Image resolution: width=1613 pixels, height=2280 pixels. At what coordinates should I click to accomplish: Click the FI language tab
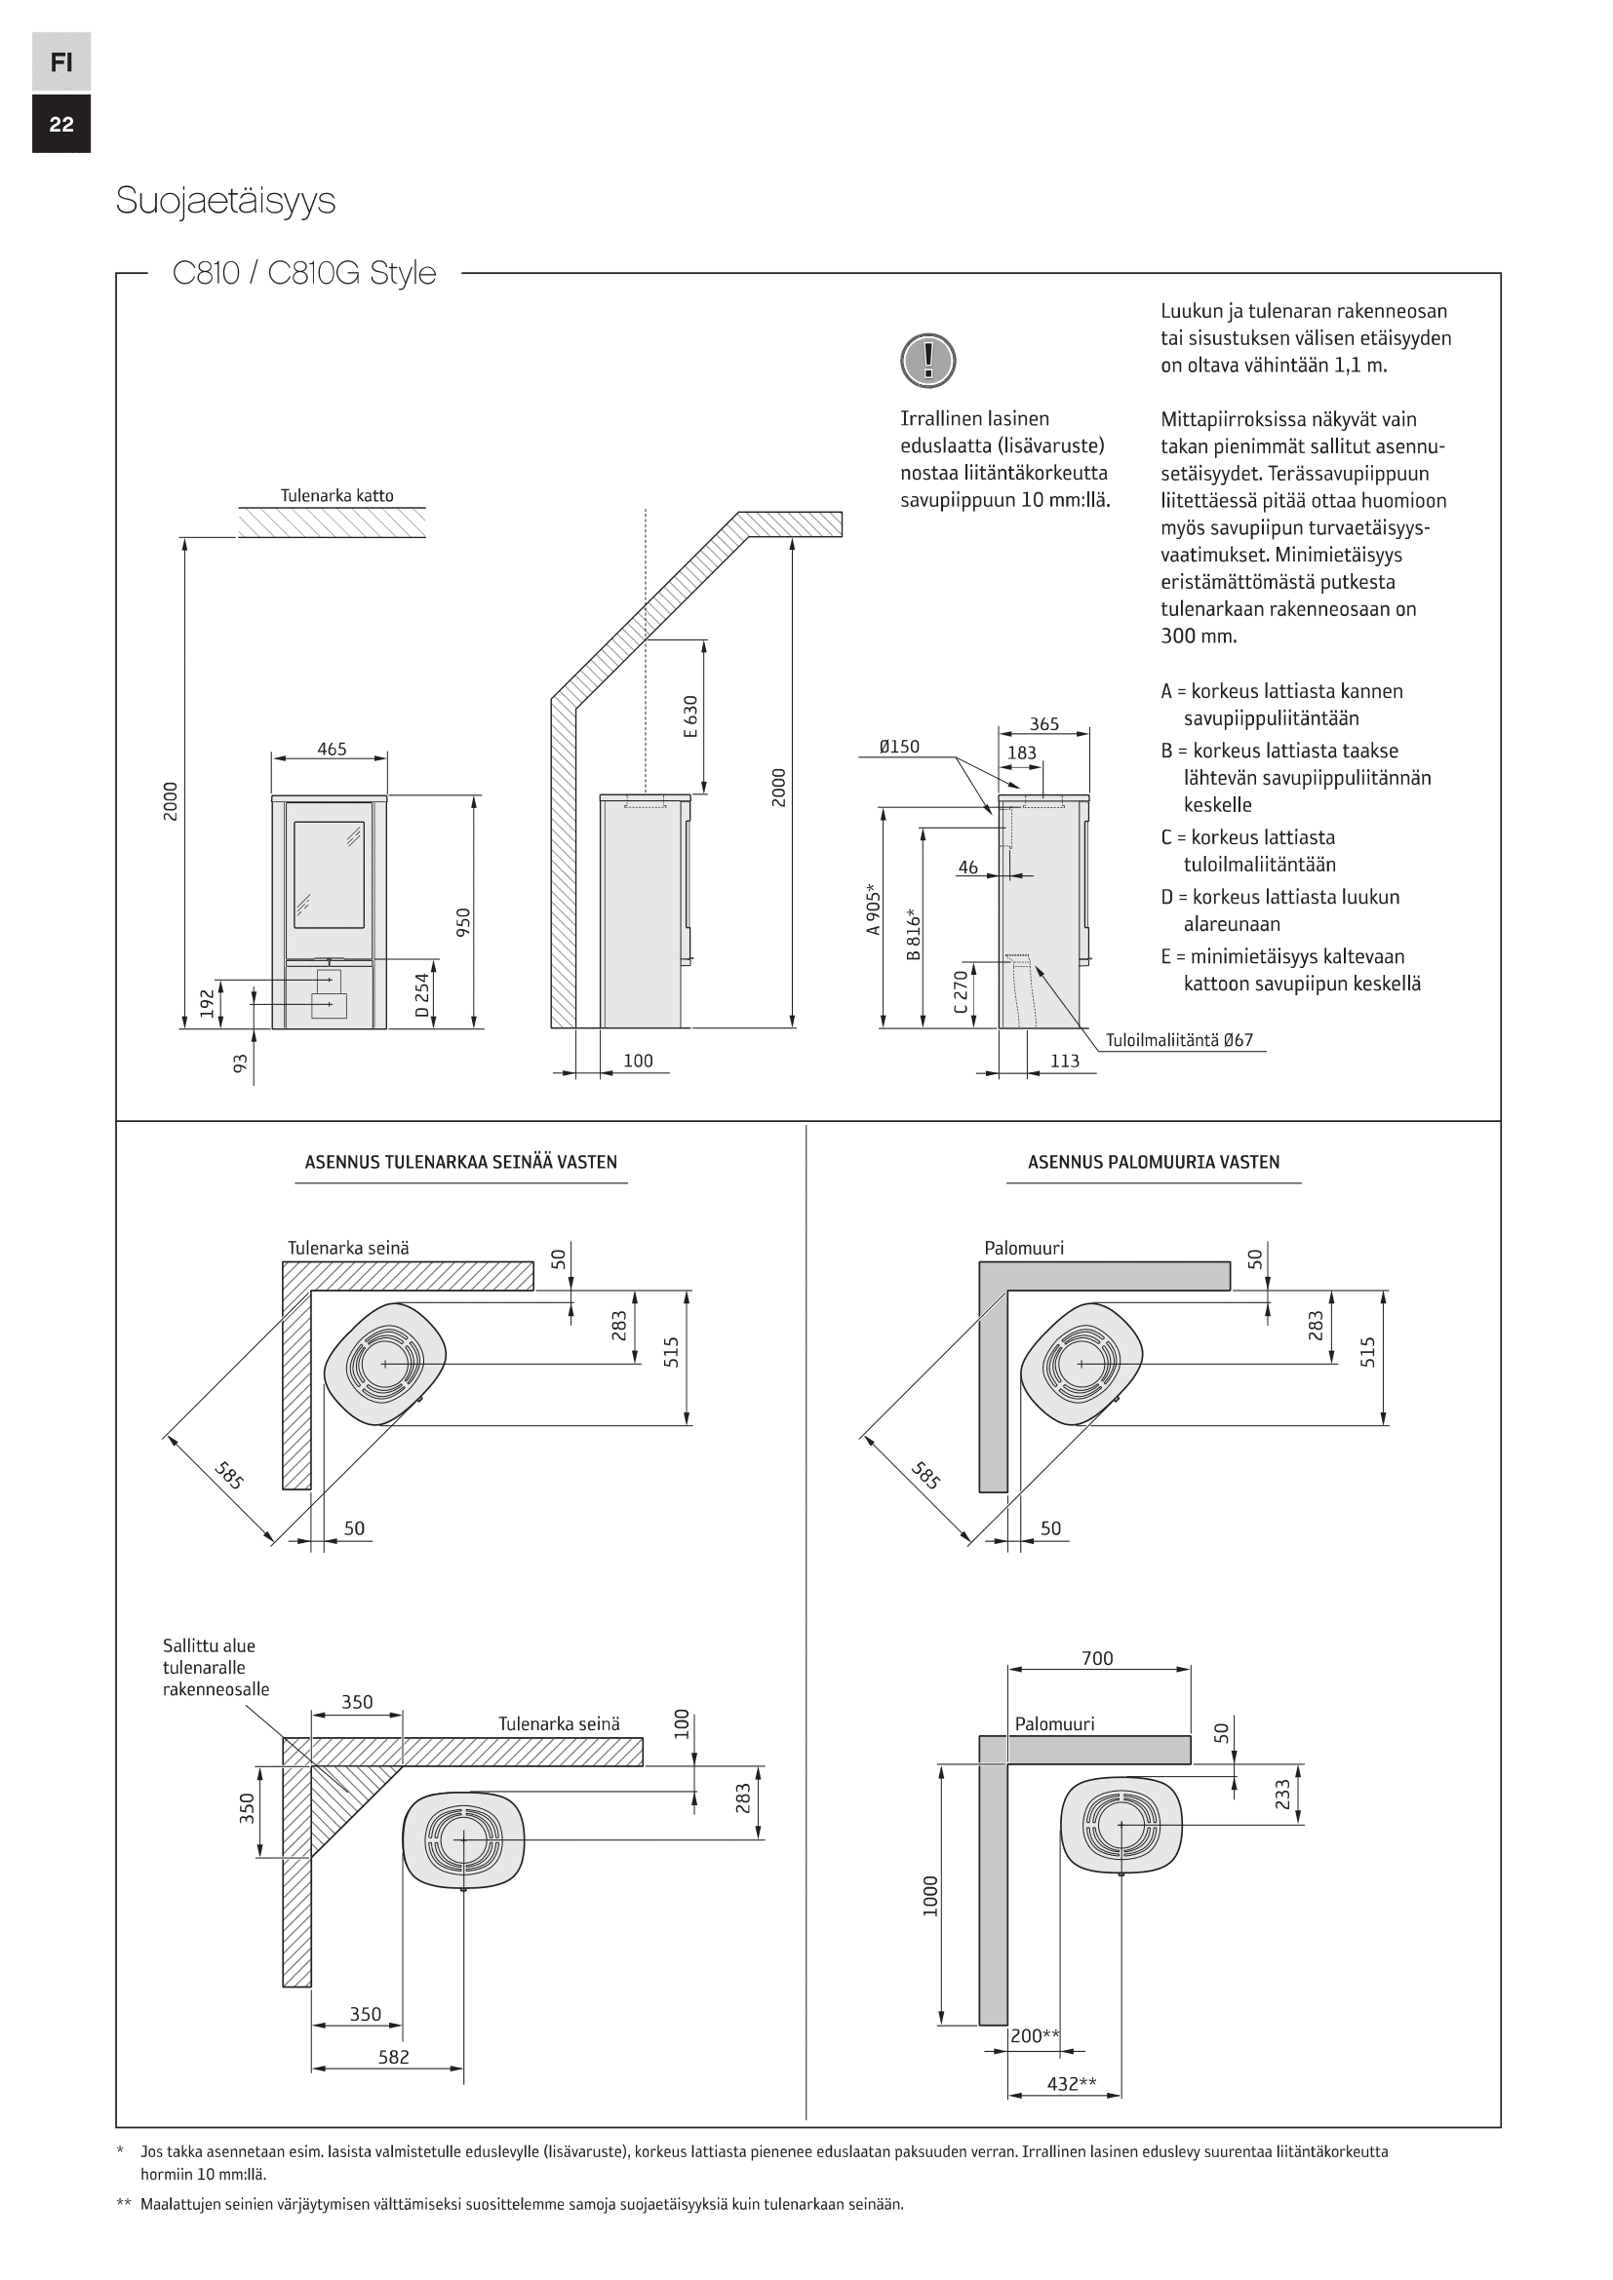[x=60, y=62]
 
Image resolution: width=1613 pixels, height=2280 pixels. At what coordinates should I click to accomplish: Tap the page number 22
[x=60, y=124]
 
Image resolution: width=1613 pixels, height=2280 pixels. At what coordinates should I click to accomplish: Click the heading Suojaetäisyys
[x=225, y=201]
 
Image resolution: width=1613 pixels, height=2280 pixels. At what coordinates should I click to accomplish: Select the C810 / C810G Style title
[x=304, y=272]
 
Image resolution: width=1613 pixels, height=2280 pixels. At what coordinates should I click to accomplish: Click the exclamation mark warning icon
[x=927, y=360]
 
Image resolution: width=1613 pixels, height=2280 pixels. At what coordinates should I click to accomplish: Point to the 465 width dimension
[x=332, y=749]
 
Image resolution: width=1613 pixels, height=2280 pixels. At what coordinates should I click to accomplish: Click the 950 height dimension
[x=463, y=921]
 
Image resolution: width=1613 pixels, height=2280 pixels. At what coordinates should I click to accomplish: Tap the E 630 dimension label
[x=691, y=716]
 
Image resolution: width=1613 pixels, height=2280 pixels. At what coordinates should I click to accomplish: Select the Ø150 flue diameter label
[x=899, y=747]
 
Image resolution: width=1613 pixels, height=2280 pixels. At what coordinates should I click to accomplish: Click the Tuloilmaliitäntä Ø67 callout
[x=1179, y=1040]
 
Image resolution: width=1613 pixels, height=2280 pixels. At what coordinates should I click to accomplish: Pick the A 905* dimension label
[x=873, y=908]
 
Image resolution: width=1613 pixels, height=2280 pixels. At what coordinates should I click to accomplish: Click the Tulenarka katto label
[x=336, y=495]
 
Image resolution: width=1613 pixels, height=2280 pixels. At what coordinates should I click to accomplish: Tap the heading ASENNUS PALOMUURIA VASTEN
[x=1153, y=1162]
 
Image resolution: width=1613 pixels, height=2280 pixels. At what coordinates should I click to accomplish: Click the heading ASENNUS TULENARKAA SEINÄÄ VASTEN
[x=461, y=1162]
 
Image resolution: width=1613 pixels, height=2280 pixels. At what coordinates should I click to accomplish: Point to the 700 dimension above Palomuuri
[x=1097, y=1657]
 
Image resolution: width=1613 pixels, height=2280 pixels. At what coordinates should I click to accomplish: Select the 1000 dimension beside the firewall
[x=930, y=1896]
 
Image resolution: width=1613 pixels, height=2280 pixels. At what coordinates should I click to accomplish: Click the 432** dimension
[x=1072, y=2083]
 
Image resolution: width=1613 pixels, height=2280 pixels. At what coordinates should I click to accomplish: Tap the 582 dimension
[x=393, y=2057]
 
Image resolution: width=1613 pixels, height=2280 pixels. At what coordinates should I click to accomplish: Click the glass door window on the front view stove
[x=329, y=873]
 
